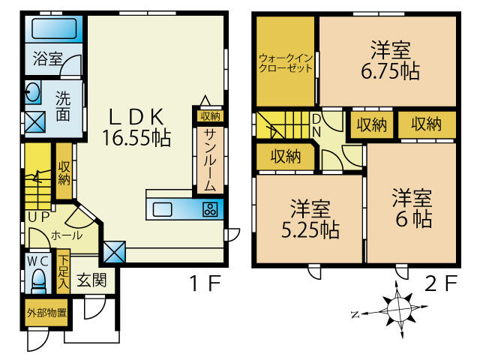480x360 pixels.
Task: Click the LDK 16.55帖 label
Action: point(137,127)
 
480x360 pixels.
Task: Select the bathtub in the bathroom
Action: point(54,31)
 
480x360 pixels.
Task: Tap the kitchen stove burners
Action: point(211,209)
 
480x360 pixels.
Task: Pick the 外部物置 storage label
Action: point(46,313)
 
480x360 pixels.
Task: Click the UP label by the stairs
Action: point(38,216)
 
